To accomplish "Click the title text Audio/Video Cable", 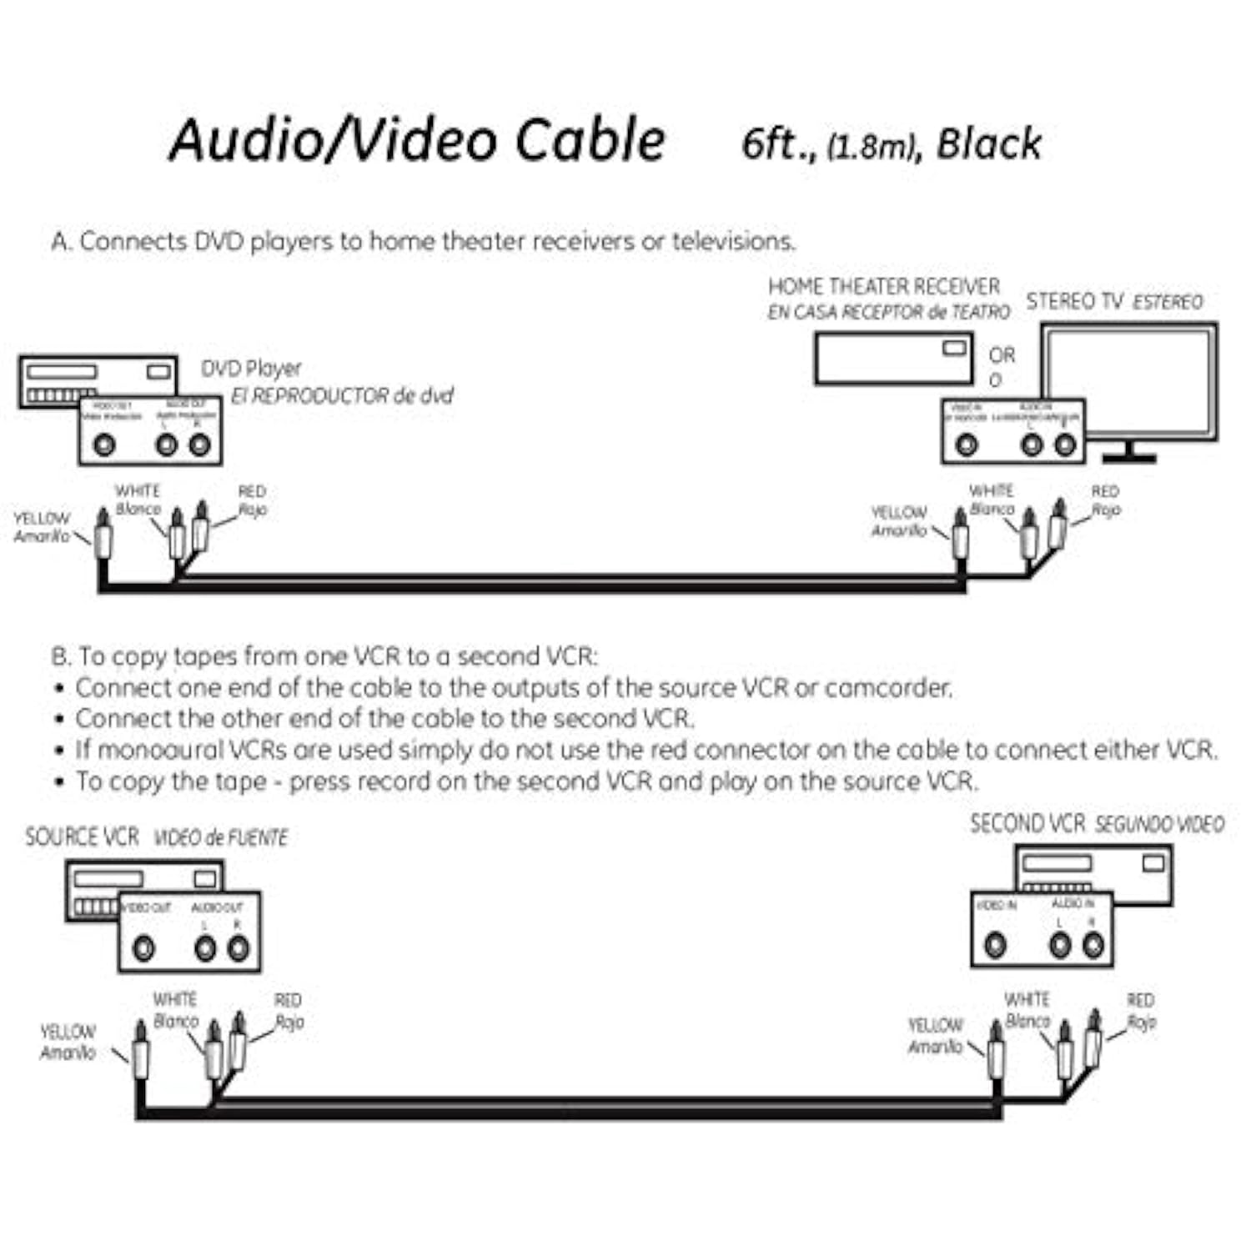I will point(417,139).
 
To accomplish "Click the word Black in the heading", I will point(989,143).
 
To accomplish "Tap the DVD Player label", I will point(250,368).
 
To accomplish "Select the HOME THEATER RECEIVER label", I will point(883,286).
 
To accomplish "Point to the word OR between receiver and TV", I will point(1002,355).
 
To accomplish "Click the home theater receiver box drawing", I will point(892,359).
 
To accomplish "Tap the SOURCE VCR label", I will point(82,837).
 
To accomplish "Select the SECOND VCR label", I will point(1027,824).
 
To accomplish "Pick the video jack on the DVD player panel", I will point(104,445).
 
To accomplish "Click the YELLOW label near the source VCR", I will point(68,1032).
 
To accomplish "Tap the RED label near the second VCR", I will point(1140,1000).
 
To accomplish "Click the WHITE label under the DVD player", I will point(138,490).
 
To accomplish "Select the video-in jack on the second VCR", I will point(995,945).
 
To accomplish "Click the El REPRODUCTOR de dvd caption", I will point(342,395).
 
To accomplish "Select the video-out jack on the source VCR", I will point(144,948).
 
